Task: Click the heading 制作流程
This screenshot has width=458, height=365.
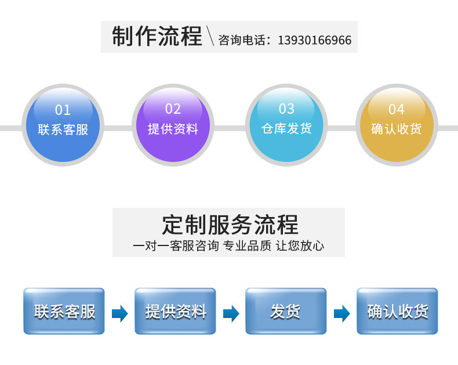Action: (157, 36)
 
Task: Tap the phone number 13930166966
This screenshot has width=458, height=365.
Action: (315, 41)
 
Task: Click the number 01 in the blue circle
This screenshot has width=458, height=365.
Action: (63, 110)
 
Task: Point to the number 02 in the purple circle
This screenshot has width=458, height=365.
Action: (173, 109)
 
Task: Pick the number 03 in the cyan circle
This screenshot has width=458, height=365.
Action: (286, 109)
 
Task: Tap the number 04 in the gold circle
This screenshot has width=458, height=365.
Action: (397, 110)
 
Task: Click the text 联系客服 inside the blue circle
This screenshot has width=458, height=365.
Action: (63, 129)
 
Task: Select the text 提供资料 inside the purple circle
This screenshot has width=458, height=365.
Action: (173, 129)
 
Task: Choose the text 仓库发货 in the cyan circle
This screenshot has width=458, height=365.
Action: (286, 128)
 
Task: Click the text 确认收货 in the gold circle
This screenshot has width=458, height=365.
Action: (397, 129)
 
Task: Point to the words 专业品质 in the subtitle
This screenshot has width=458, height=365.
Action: (248, 245)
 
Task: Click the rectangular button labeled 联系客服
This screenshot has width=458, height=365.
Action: (64, 312)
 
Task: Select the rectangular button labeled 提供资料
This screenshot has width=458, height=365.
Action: (175, 312)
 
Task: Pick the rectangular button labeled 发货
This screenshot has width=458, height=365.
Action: (286, 312)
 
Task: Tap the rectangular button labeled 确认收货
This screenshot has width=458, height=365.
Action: (397, 312)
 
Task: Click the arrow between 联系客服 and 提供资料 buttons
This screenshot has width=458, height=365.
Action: (120, 314)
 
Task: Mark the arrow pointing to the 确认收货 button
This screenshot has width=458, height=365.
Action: (342, 314)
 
